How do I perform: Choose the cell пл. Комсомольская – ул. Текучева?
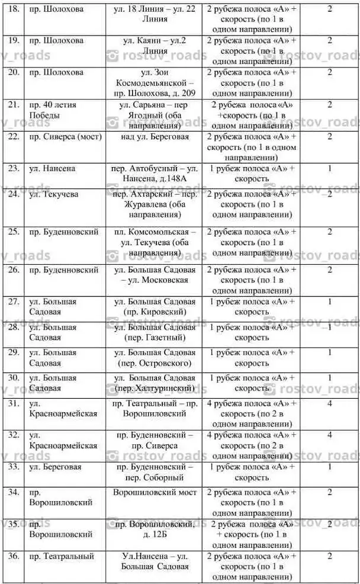pos(155,237)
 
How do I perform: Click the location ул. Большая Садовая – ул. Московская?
pos(155,274)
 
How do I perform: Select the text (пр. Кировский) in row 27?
pos(155,311)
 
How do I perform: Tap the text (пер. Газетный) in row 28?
pos(155,338)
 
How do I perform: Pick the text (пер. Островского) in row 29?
pos(155,362)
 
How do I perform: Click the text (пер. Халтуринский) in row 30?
pos(155,389)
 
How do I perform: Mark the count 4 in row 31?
pos(330,404)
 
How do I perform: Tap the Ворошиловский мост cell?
pos(155,492)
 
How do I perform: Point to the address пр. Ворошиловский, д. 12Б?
pos(155,530)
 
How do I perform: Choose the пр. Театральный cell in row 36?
pos(62,556)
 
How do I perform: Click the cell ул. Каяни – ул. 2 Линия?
pos(155,46)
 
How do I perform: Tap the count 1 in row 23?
pos(330,168)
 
